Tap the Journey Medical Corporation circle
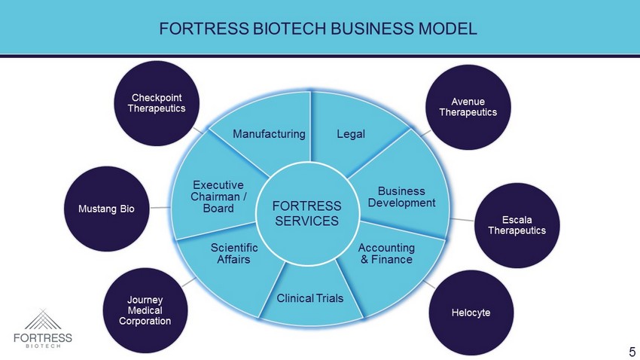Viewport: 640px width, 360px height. click(145, 310)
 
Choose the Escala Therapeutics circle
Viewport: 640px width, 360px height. click(516, 224)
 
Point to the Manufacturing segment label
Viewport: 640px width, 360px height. click(269, 134)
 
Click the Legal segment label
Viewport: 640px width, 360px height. click(350, 134)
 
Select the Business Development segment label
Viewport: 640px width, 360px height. click(401, 197)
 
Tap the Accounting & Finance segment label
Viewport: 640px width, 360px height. click(386, 253)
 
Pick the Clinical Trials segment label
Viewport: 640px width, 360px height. click(310, 298)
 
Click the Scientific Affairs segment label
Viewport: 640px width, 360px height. click(234, 253)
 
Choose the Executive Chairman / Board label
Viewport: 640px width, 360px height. click(218, 197)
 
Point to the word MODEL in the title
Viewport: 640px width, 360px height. click(452, 29)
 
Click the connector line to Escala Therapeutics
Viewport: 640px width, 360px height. click(462, 220)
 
